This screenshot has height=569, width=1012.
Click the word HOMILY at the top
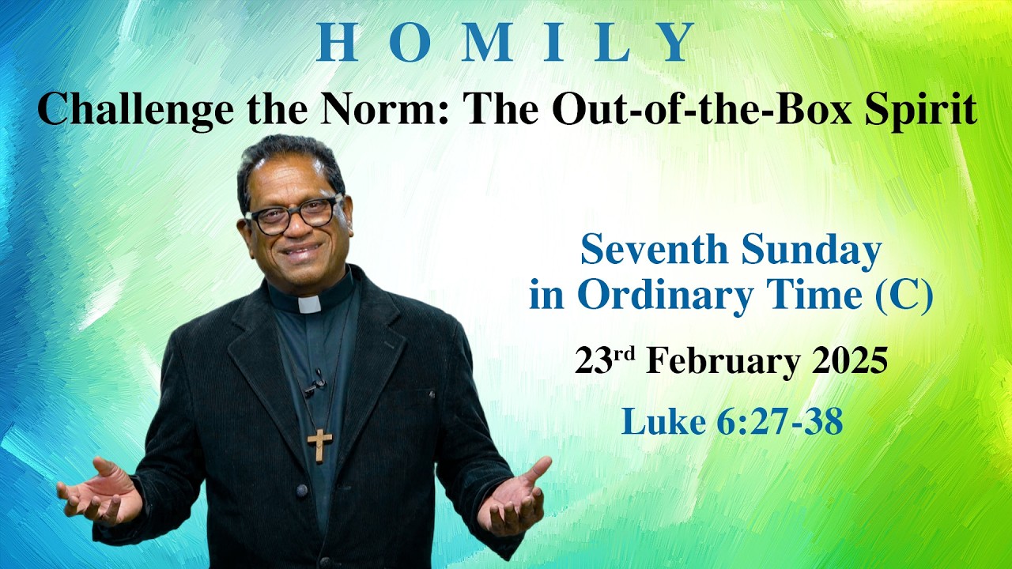(x=506, y=43)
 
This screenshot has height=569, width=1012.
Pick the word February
(x=720, y=361)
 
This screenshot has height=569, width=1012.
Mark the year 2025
(x=849, y=361)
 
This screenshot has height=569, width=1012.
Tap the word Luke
(x=651, y=421)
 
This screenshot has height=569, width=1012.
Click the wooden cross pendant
(x=319, y=444)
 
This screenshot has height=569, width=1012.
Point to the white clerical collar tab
(x=310, y=304)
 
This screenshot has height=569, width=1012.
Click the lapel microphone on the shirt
(x=316, y=383)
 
